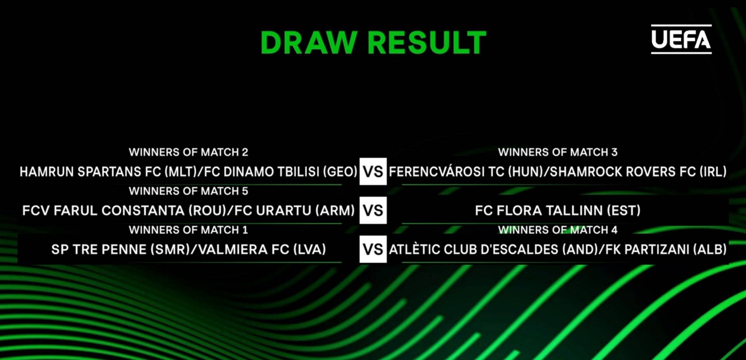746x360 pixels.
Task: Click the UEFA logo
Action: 681,39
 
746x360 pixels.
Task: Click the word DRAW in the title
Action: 309,42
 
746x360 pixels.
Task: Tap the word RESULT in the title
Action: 427,42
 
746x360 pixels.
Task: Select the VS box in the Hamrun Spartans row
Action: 373,171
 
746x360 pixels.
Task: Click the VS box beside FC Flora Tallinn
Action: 373,210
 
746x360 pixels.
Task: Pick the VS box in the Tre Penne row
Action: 373,249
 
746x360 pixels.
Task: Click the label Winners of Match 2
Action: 189,152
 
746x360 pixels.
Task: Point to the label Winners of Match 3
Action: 558,152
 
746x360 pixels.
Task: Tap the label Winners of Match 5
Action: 189,191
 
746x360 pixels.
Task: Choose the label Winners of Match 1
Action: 189,230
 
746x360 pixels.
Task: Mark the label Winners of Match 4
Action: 558,230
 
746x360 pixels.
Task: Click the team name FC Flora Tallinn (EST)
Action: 558,210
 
